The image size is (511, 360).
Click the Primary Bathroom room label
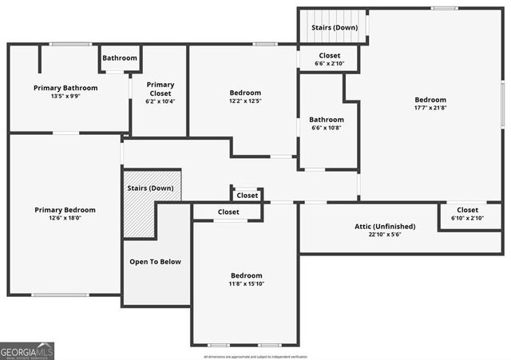tap(65, 88)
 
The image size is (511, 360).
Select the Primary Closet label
tap(160, 84)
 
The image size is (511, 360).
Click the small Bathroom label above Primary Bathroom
tap(120, 58)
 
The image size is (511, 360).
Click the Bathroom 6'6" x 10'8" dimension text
tap(327, 128)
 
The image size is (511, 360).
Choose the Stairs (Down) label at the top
tap(335, 28)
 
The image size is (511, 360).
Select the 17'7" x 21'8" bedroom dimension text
tap(430, 108)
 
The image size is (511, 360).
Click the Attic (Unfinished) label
tap(385, 227)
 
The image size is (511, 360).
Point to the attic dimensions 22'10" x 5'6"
tap(385, 235)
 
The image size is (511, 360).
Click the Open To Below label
tap(156, 262)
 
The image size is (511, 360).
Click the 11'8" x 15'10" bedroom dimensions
tap(247, 284)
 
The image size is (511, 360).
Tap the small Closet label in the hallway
tap(248, 196)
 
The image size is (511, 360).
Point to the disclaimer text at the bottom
tap(255, 356)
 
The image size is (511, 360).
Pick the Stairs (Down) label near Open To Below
tap(151, 188)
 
